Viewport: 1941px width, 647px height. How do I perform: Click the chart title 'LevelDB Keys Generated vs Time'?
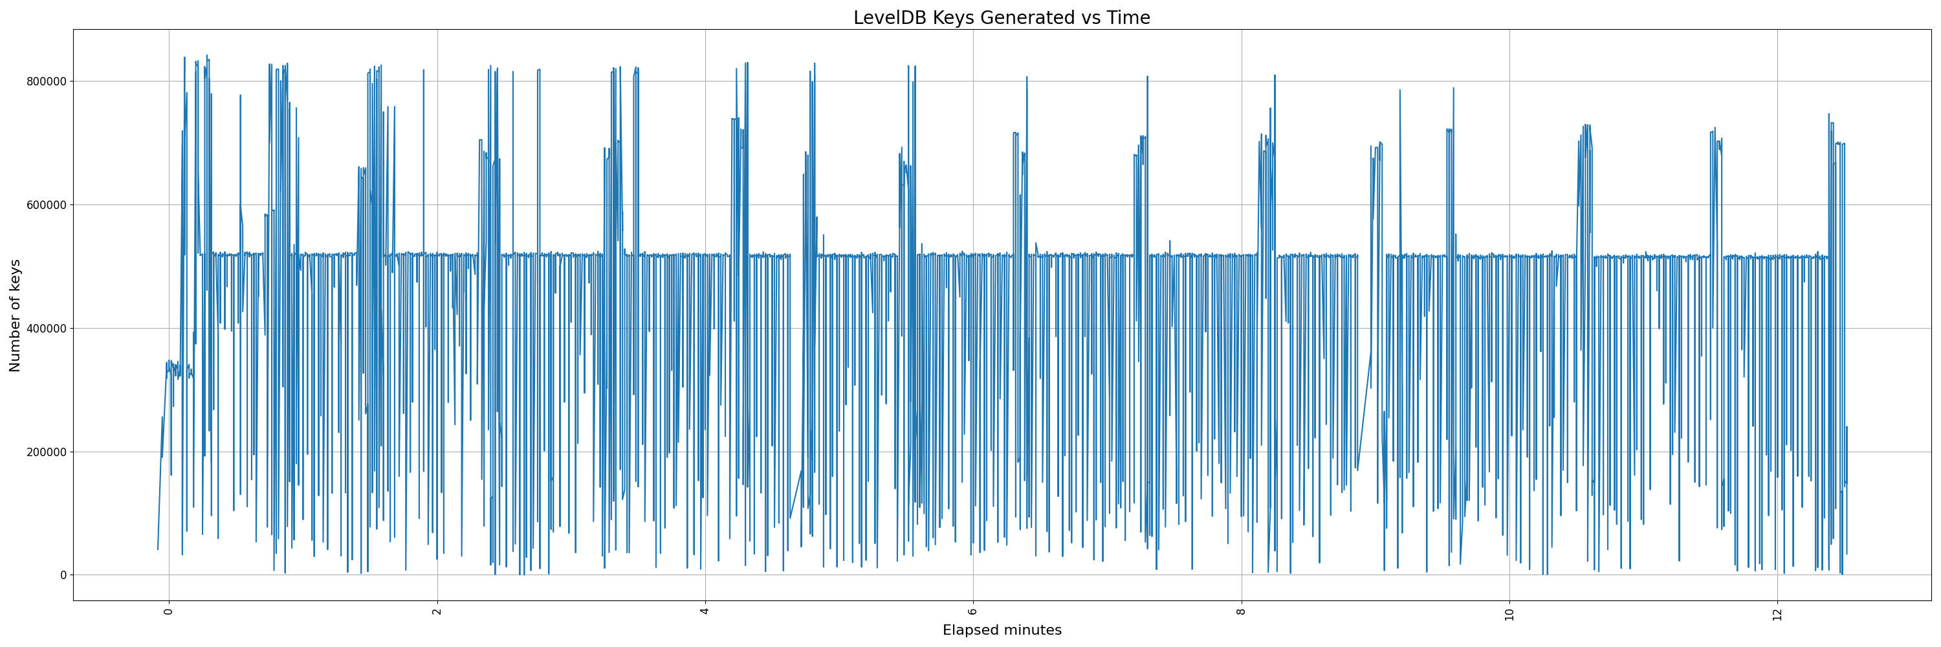point(1002,18)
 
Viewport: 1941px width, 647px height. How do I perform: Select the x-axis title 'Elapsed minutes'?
point(1002,630)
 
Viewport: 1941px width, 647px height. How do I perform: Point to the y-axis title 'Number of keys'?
point(15,315)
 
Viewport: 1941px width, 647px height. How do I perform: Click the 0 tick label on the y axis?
point(64,575)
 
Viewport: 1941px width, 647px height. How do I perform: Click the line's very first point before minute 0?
point(157,549)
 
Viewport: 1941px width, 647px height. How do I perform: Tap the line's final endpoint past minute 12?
point(1847,554)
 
